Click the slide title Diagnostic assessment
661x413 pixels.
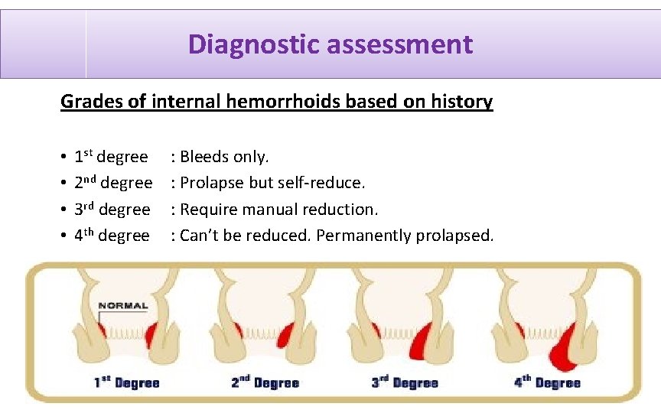coord(330,44)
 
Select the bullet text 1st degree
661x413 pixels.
coord(111,157)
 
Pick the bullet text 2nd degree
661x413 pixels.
coord(113,183)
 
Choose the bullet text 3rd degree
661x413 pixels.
coord(112,210)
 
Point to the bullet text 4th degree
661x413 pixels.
coord(112,236)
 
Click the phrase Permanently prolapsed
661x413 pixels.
coord(405,236)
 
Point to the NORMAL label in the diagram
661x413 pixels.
coord(123,305)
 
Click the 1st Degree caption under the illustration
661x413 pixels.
coord(126,382)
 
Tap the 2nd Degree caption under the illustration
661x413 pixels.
coord(265,382)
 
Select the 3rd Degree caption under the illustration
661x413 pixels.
coord(405,382)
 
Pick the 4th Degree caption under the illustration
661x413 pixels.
coord(547,382)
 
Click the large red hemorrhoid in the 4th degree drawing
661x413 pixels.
coord(562,349)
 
